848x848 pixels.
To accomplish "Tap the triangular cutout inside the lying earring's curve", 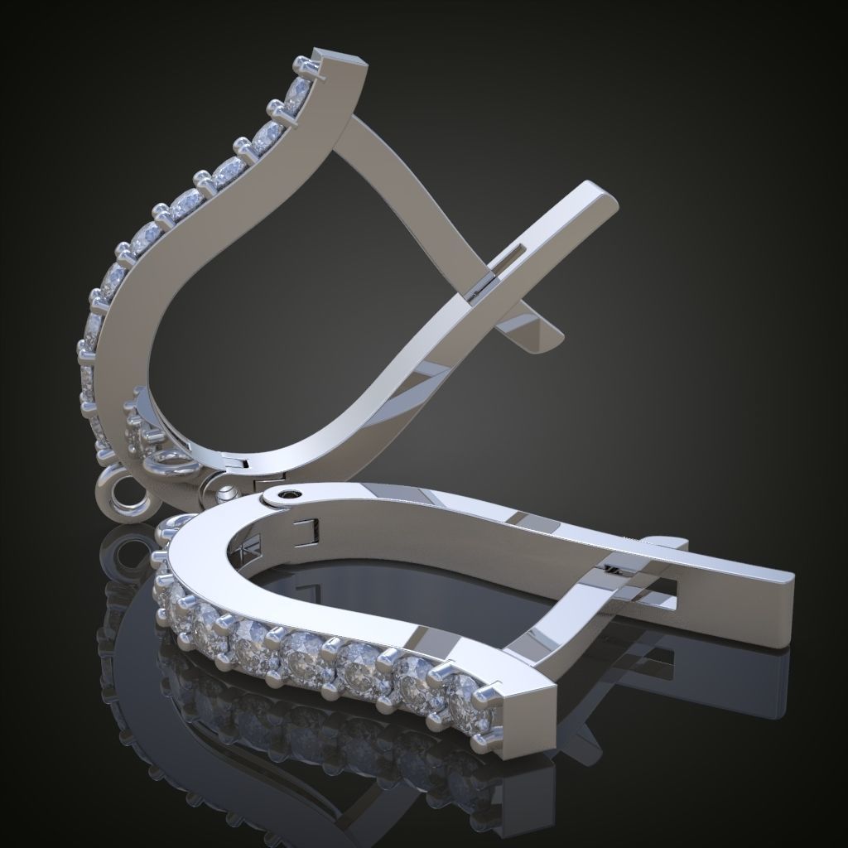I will [x=248, y=552].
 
